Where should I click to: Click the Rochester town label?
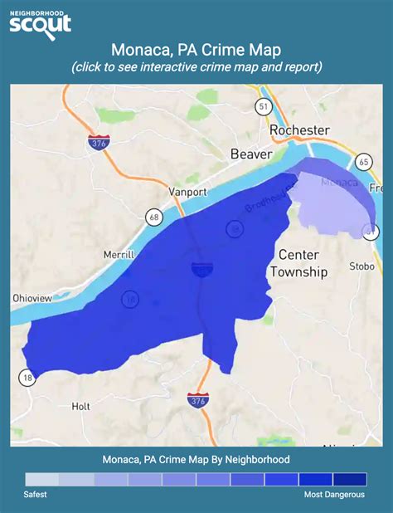click(x=299, y=130)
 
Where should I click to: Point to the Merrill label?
click(x=119, y=255)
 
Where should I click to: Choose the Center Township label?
click(x=303, y=262)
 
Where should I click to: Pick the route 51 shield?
click(x=264, y=107)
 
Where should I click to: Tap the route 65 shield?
click(x=362, y=161)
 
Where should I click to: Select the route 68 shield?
click(x=153, y=218)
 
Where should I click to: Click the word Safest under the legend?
click(x=35, y=494)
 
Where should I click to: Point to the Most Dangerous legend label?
click(x=333, y=494)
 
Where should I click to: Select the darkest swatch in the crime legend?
click(x=349, y=479)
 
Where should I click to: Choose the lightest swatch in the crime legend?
click(x=41, y=479)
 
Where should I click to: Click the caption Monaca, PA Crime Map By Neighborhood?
click(x=196, y=458)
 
